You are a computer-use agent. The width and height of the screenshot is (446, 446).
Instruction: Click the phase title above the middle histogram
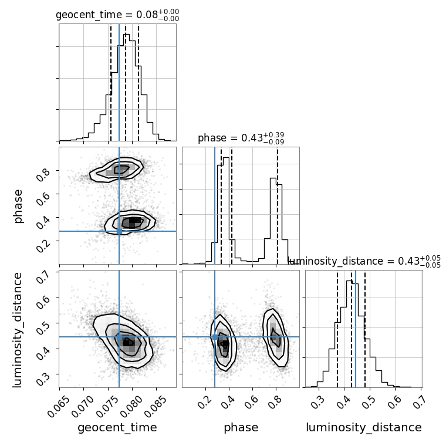(241, 138)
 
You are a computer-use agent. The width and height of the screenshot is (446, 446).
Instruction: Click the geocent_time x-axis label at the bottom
(117, 428)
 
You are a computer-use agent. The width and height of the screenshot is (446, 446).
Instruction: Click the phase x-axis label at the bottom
(241, 428)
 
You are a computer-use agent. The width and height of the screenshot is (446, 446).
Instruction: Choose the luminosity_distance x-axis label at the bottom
(364, 428)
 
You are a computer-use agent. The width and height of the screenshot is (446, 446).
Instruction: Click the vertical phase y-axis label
(19, 205)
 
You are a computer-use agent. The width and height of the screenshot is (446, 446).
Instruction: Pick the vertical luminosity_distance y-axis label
(19, 329)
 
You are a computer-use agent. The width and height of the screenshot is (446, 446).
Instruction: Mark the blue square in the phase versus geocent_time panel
(119, 231)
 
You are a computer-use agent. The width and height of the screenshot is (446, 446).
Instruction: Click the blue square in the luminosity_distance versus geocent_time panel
(119, 337)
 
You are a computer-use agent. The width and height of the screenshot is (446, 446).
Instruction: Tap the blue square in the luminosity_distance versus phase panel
(215, 337)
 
